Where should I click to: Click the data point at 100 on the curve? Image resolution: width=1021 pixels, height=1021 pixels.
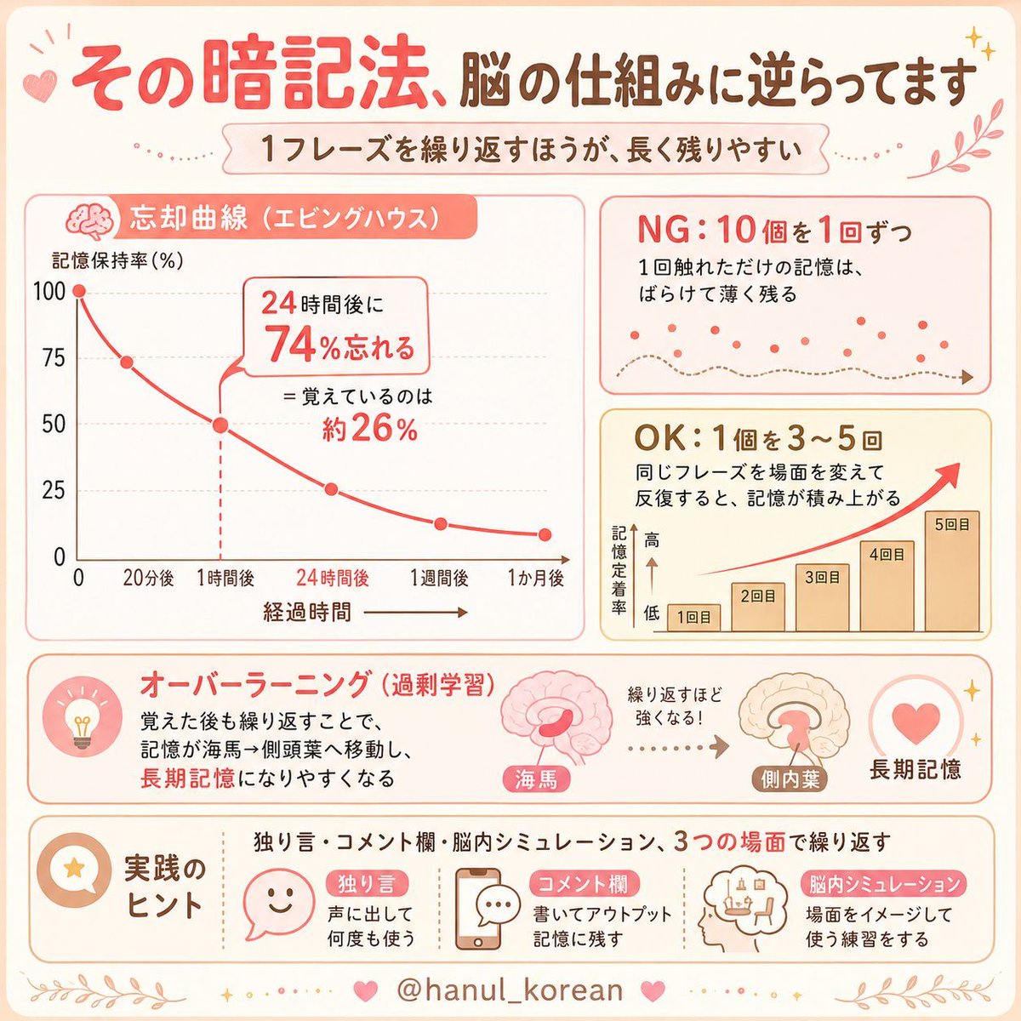pos(79,291)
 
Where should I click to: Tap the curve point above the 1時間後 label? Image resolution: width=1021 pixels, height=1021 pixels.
pos(220,425)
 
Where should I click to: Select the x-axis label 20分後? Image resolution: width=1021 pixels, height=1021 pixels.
pos(148,579)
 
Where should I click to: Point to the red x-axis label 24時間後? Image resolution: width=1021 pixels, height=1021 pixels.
pos(333,578)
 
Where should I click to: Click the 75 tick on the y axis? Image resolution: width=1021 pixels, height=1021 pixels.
pos(54,358)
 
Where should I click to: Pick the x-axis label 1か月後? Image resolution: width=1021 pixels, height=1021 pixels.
pos(536,578)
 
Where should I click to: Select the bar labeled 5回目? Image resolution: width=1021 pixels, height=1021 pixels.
pos(951,571)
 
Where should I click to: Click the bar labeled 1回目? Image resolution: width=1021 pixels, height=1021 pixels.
pos(693,618)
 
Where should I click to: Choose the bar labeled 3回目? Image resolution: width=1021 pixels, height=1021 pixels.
pos(822,597)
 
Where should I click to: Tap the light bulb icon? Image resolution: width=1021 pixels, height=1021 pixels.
pos(82,722)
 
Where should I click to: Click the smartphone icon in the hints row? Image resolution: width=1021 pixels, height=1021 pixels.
pos(478,909)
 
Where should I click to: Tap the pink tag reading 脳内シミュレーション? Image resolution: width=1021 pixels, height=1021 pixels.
pos(884,884)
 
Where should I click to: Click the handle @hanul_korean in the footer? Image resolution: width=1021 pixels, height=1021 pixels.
pos(510,989)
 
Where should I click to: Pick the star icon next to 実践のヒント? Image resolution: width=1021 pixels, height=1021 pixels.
pos(74,868)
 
